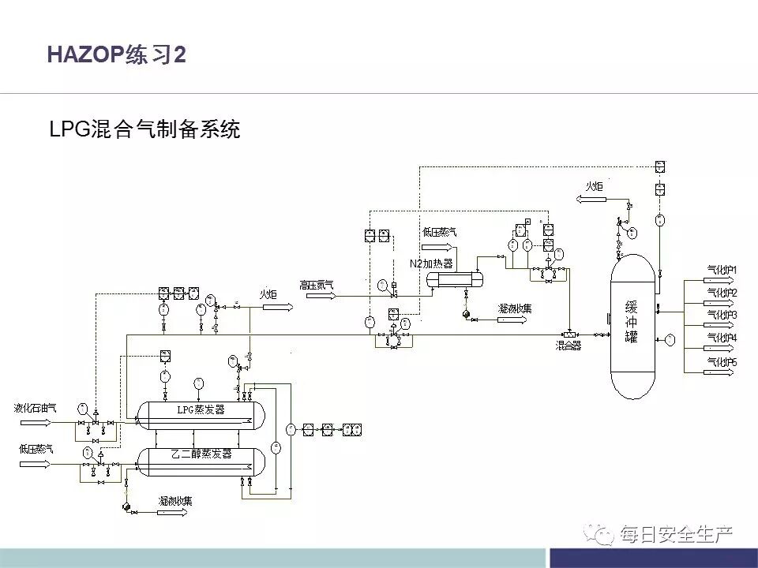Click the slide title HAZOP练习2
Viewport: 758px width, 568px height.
[116, 54]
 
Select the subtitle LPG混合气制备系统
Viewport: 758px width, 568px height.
[144, 129]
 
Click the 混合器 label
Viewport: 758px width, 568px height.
[567, 346]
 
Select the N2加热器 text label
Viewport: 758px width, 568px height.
[431, 263]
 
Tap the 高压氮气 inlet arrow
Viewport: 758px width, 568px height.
[317, 296]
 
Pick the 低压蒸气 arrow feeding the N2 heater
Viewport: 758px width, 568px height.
[441, 244]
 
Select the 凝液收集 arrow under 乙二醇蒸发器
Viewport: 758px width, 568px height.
[174, 512]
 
